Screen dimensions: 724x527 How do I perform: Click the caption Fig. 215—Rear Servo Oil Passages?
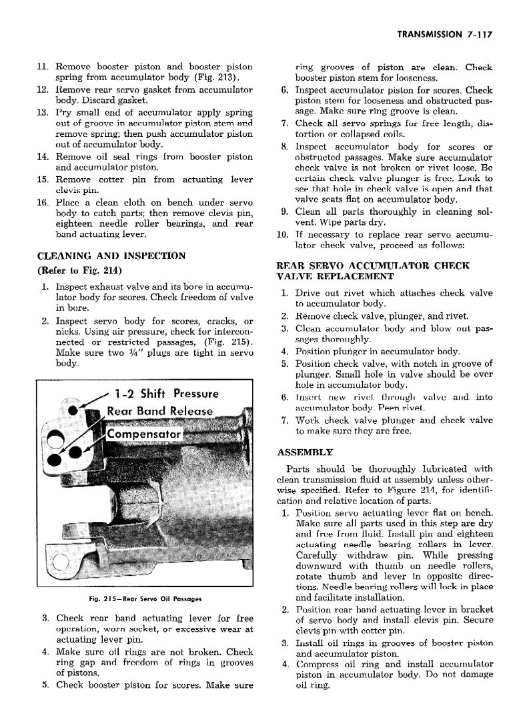pos(145,598)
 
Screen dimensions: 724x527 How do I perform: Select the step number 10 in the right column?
pos(282,235)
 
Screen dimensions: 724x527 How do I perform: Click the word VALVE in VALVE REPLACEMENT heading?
pos(294,276)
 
